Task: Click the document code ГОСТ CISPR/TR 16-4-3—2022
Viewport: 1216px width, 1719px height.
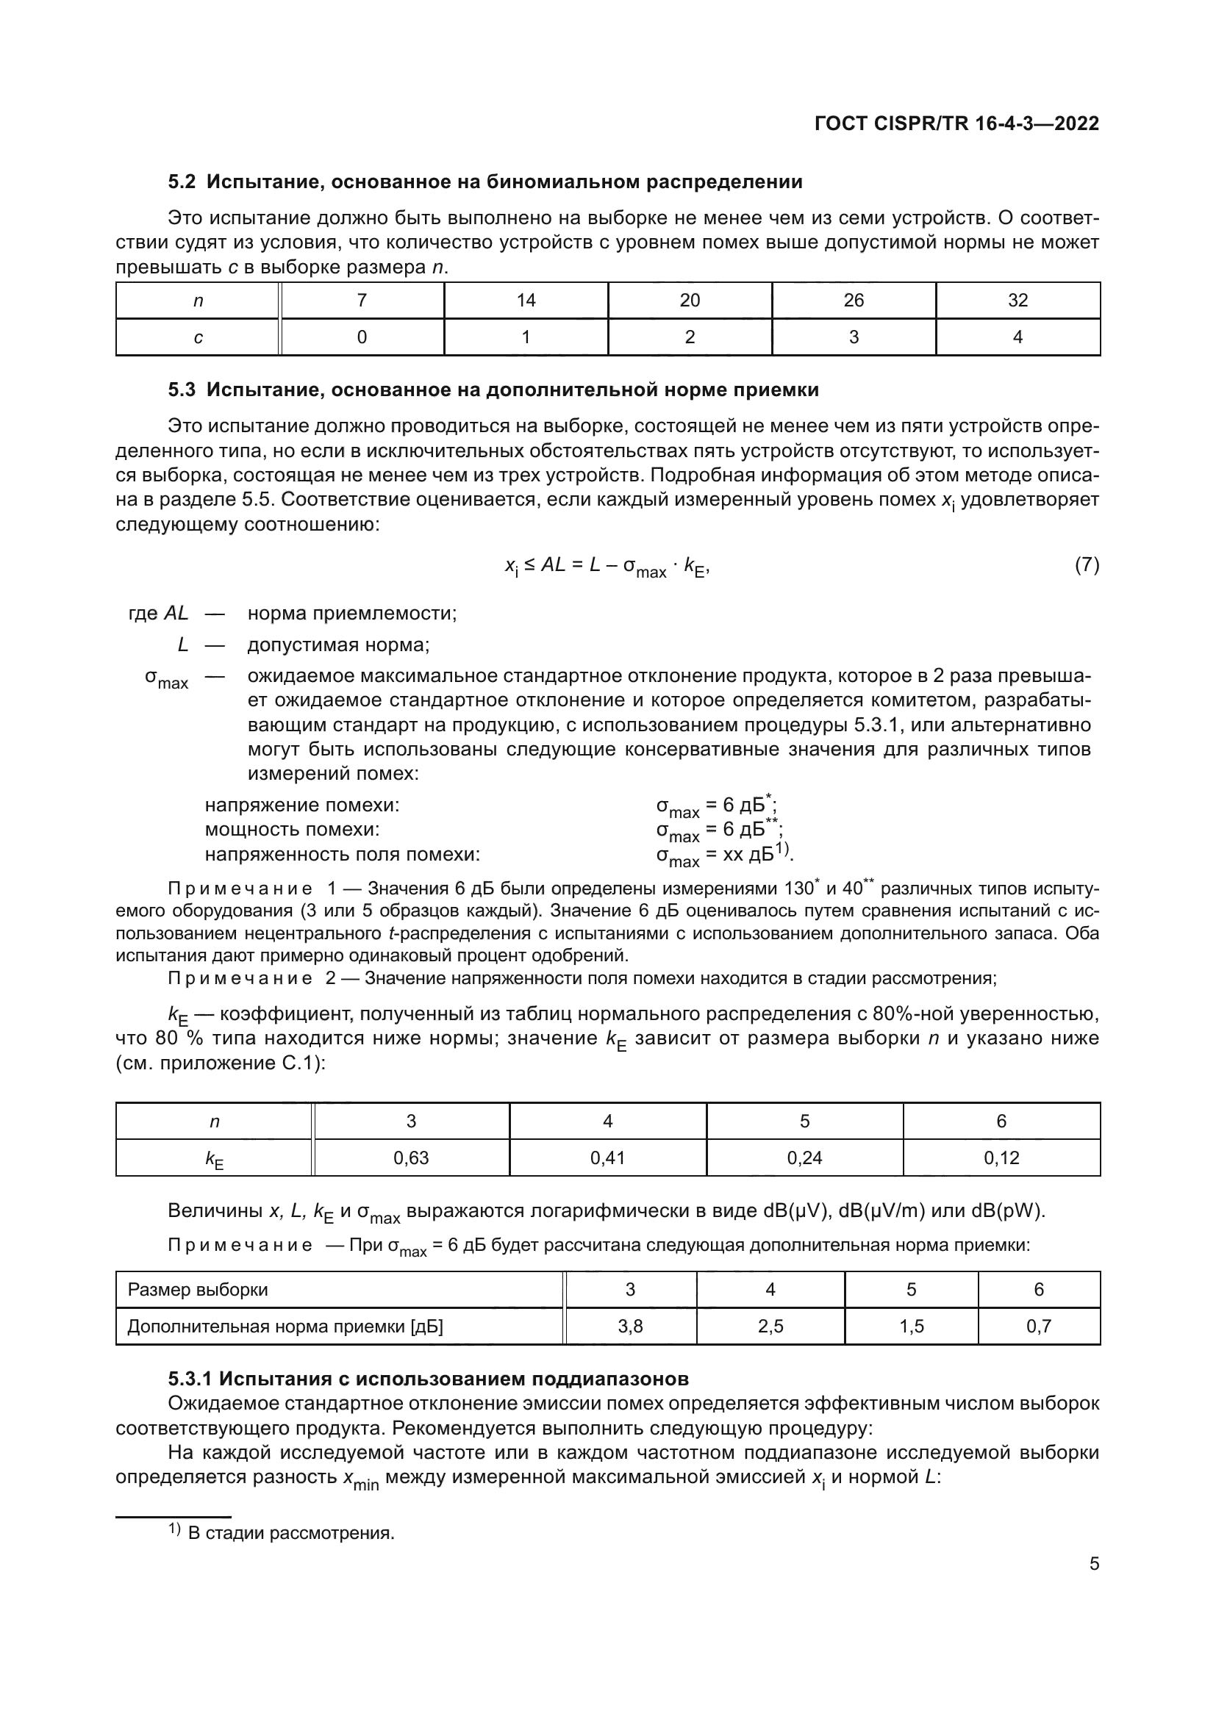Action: point(956,123)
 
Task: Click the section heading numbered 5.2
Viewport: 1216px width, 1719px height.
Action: point(484,182)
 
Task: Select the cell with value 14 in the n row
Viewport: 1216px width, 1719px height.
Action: point(526,301)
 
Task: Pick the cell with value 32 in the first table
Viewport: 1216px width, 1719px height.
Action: point(1017,301)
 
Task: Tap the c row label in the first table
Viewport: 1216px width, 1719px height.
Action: point(198,337)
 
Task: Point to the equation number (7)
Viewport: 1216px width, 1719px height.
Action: point(1087,565)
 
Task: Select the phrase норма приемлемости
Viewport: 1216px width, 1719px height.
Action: point(351,613)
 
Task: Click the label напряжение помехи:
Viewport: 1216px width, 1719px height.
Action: point(301,805)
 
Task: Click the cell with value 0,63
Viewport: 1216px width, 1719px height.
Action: point(410,1158)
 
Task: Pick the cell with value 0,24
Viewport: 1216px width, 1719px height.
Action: point(804,1158)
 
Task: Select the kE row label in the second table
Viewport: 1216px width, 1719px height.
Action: point(214,1160)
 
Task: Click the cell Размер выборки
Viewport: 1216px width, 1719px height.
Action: point(198,1290)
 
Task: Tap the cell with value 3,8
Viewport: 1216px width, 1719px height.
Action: point(630,1327)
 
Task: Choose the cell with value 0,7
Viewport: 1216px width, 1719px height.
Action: point(1039,1327)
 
